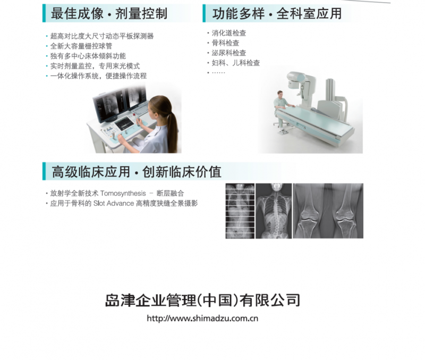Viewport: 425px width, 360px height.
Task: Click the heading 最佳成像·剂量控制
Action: tap(109, 14)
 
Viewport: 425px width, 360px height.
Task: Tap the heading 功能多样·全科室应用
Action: tap(277, 14)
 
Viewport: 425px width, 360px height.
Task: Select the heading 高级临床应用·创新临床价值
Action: tap(137, 172)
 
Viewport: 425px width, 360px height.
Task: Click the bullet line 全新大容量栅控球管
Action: tap(81, 46)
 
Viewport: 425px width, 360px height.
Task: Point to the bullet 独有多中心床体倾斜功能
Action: tap(88, 56)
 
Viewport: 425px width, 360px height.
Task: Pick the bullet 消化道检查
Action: tap(229, 33)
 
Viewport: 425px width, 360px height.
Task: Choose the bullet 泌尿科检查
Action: tap(229, 53)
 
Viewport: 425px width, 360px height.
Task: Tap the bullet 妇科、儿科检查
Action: tap(235, 63)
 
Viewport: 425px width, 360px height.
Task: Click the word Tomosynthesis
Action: tap(123, 194)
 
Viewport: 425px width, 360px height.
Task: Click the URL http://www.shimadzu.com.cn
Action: tap(202, 318)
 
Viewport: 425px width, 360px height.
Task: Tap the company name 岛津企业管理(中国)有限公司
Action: tap(202, 300)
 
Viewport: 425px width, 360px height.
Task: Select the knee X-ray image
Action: tap(328, 211)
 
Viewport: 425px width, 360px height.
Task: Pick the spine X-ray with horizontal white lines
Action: tap(240, 211)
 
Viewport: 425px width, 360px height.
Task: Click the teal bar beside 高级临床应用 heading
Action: tap(44, 171)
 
